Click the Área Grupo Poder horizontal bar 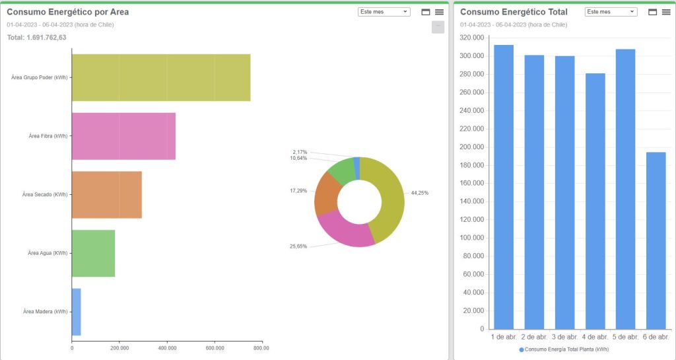[x=161, y=77]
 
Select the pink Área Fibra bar [x=123, y=136]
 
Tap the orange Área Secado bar [x=106, y=195]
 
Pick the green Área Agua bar [x=93, y=253]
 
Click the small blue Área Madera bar [x=76, y=312]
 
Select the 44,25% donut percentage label [x=419, y=193]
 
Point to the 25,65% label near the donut [x=298, y=246]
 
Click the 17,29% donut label [x=298, y=190]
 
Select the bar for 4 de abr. [x=595, y=201]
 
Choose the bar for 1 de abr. [x=504, y=187]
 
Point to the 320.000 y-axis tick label [x=473, y=38]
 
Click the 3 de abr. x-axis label [x=564, y=337]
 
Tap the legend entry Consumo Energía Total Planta [x=564, y=349]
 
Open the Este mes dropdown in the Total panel [x=611, y=12]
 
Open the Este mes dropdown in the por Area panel [x=384, y=12]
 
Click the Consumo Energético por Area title [x=67, y=12]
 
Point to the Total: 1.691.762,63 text [x=36, y=38]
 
